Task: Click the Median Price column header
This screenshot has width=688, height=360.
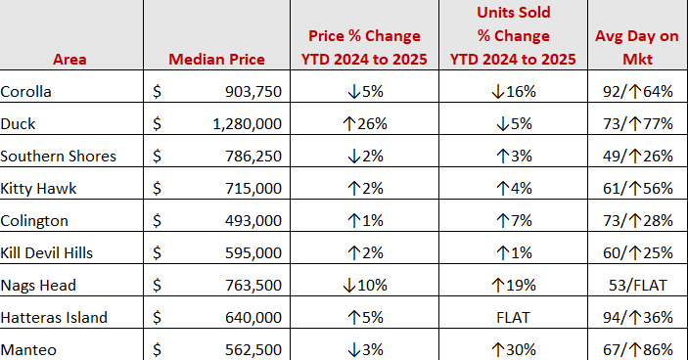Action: point(216,60)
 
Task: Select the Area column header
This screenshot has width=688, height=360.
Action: point(69,60)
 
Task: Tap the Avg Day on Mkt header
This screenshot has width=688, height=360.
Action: point(637,47)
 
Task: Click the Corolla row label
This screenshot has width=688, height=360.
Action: point(25,92)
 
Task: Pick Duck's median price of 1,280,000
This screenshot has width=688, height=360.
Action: point(247,124)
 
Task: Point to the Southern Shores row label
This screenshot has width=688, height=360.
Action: point(59,157)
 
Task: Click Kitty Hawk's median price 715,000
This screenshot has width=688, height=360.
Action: point(253,189)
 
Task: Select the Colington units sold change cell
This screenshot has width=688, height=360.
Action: point(514,220)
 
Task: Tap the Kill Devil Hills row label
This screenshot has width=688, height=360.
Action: point(47,253)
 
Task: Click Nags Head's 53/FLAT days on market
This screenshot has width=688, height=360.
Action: point(637,286)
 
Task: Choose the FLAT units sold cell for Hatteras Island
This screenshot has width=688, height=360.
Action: point(513,318)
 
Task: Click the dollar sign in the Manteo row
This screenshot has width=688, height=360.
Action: point(158,350)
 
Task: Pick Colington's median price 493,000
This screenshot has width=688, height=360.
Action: point(253,220)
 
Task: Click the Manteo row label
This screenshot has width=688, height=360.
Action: point(28,350)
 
